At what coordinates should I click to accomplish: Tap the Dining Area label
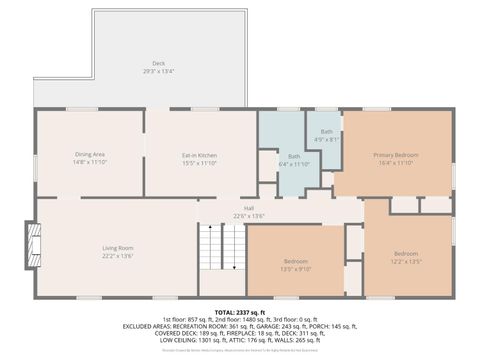[x=90, y=154]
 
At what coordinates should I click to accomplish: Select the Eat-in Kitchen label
[x=199, y=154]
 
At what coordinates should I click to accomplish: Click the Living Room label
[x=118, y=247]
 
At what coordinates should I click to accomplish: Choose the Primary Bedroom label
[x=396, y=154]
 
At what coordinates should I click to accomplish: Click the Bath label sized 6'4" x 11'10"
[x=294, y=156]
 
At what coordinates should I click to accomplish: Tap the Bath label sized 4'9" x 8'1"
[x=327, y=132]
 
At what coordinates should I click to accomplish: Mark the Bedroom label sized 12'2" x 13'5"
[x=406, y=253]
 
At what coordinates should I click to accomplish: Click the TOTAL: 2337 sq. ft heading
[x=242, y=312]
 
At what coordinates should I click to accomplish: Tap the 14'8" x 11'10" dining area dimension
[x=90, y=162]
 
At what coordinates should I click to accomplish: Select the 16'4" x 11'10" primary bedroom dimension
[x=396, y=162]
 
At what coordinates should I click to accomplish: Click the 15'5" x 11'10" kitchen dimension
[x=199, y=162]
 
